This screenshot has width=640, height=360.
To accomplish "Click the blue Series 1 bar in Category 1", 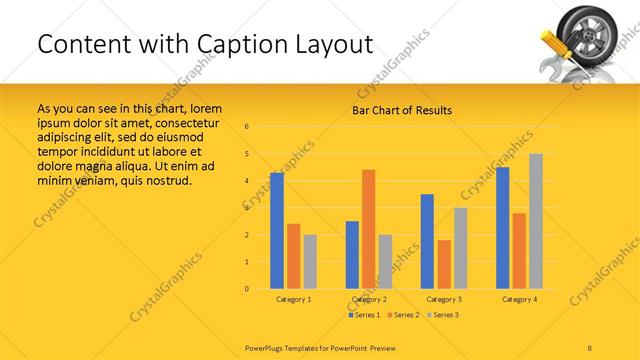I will pyautogui.click(x=277, y=231).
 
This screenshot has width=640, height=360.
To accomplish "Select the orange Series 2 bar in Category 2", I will pyautogui.click(x=368, y=229).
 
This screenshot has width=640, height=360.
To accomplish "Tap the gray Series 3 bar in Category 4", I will pyautogui.click(x=536, y=221).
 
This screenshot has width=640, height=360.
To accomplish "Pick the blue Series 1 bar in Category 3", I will pyautogui.click(x=427, y=241).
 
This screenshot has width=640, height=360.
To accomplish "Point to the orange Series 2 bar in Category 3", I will pyautogui.click(x=444, y=264).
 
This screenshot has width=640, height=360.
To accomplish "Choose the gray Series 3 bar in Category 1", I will pyautogui.click(x=310, y=261).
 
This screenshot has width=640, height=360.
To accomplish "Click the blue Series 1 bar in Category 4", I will pyautogui.click(x=502, y=228).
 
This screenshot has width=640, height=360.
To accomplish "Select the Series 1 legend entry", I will pyautogui.click(x=364, y=315).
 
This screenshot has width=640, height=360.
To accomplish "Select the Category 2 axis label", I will pyautogui.click(x=369, y=299).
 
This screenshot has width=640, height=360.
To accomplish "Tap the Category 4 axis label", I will pyautogui.click(x=519, y=299).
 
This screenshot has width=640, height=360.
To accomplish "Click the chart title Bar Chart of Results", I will pyautogui.click(x=402, y=110).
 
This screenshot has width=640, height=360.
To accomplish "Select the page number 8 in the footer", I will pyautogui.click(x=590, y=346).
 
